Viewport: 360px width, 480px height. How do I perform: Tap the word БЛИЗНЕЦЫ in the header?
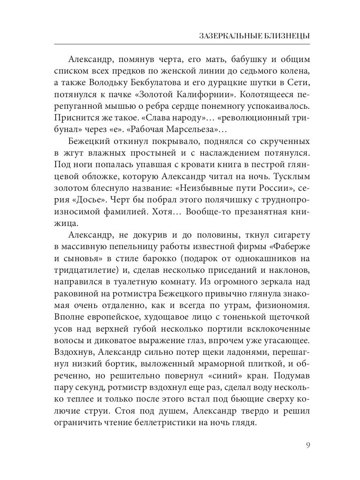[288, 36]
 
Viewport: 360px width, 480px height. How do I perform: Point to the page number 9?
[307, 445]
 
